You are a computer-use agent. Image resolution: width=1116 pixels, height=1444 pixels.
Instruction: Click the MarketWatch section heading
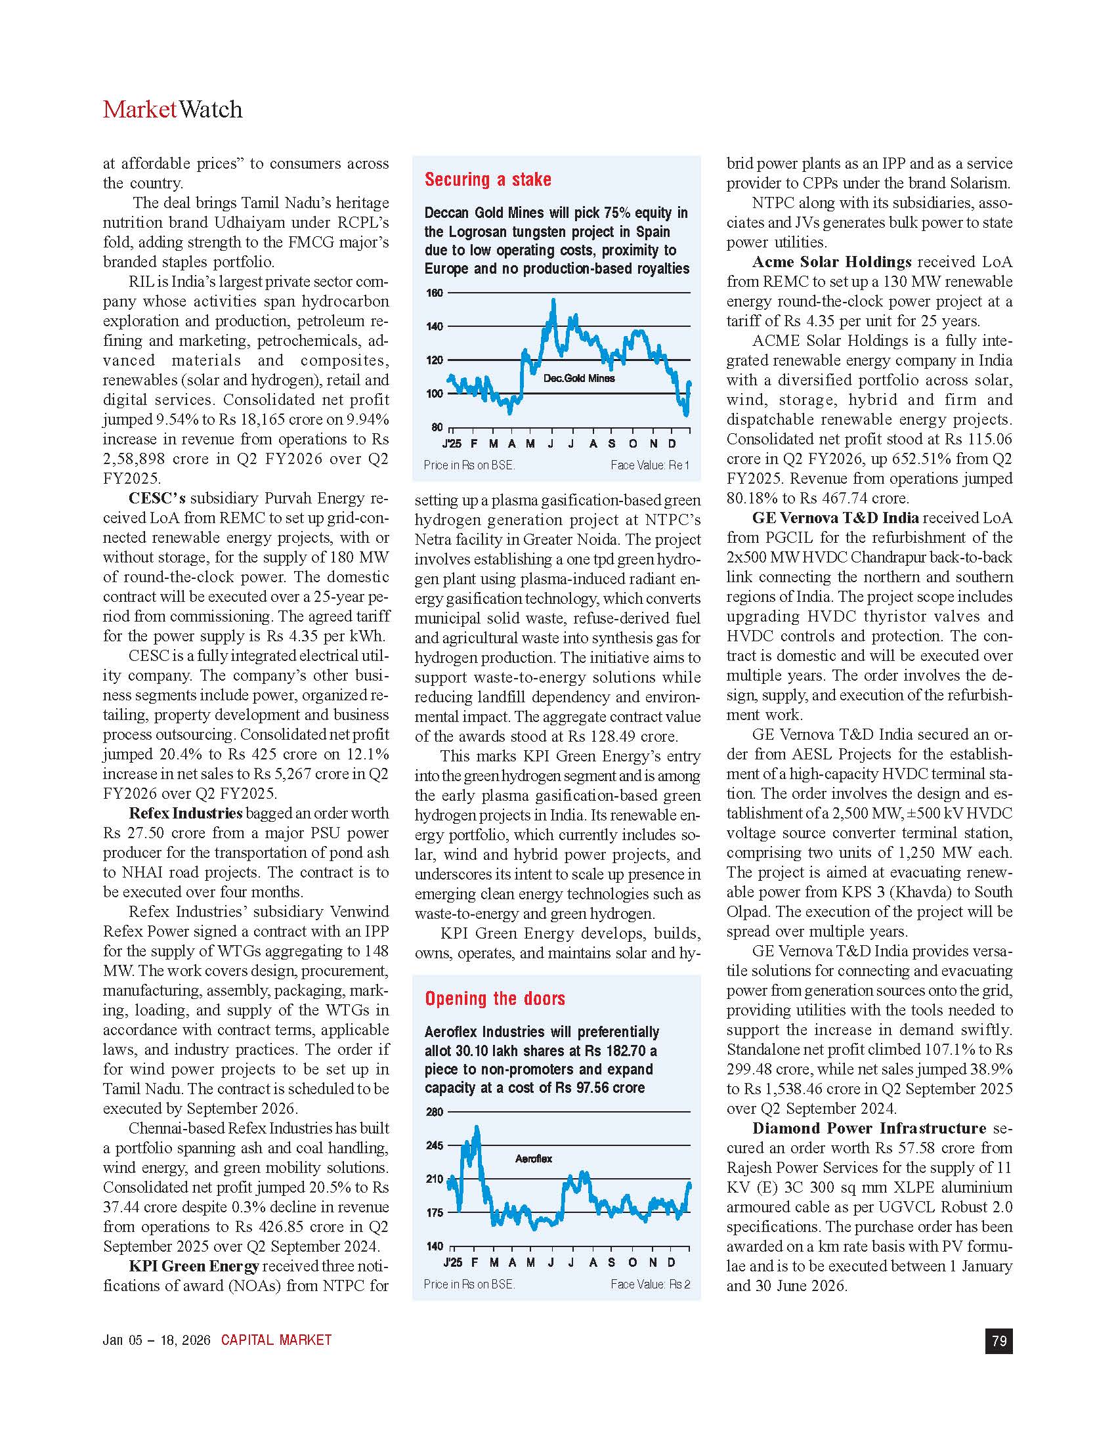tap(173, 110)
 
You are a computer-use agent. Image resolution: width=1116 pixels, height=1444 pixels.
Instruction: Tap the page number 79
tap(999, 1340)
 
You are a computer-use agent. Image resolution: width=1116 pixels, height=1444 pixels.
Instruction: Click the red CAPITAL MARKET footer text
tap(276, 1340)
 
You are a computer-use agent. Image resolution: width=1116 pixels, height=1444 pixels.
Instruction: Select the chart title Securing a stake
tap(488, 180)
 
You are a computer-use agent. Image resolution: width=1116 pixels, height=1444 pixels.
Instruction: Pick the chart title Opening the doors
tap(495, 998)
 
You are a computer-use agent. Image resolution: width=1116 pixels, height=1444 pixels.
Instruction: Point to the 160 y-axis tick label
tap(435, 293)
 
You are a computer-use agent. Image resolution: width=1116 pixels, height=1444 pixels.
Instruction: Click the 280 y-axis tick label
tap(435, 1112)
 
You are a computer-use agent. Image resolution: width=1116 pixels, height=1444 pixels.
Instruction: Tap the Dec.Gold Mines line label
tap(579, 378)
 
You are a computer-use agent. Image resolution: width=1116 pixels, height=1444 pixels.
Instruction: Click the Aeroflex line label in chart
tap(534, 1158)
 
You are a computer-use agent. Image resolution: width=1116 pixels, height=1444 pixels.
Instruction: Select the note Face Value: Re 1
tap(650, 465)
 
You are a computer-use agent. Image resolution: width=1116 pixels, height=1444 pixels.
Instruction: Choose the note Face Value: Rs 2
tap(651, 1284)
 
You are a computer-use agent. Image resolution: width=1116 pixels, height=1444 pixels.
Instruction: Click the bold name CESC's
tap(157, 499)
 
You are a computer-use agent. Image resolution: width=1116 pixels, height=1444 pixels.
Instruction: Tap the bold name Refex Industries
tap(186, 813)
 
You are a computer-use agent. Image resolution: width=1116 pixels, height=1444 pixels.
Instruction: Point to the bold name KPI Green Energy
tap(194, 1266)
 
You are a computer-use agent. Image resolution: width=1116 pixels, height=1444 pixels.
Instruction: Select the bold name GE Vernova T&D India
tap(835, 519)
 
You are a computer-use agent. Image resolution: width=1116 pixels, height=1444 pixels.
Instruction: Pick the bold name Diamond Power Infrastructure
tap(869, 1129)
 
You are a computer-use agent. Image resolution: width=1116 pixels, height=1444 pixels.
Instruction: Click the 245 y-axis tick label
tap(435, 1146)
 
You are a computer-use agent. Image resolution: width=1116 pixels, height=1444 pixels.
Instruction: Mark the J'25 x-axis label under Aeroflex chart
tap(452, 1262)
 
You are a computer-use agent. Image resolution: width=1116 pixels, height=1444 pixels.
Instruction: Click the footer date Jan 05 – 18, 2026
tap(157, 1340)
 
